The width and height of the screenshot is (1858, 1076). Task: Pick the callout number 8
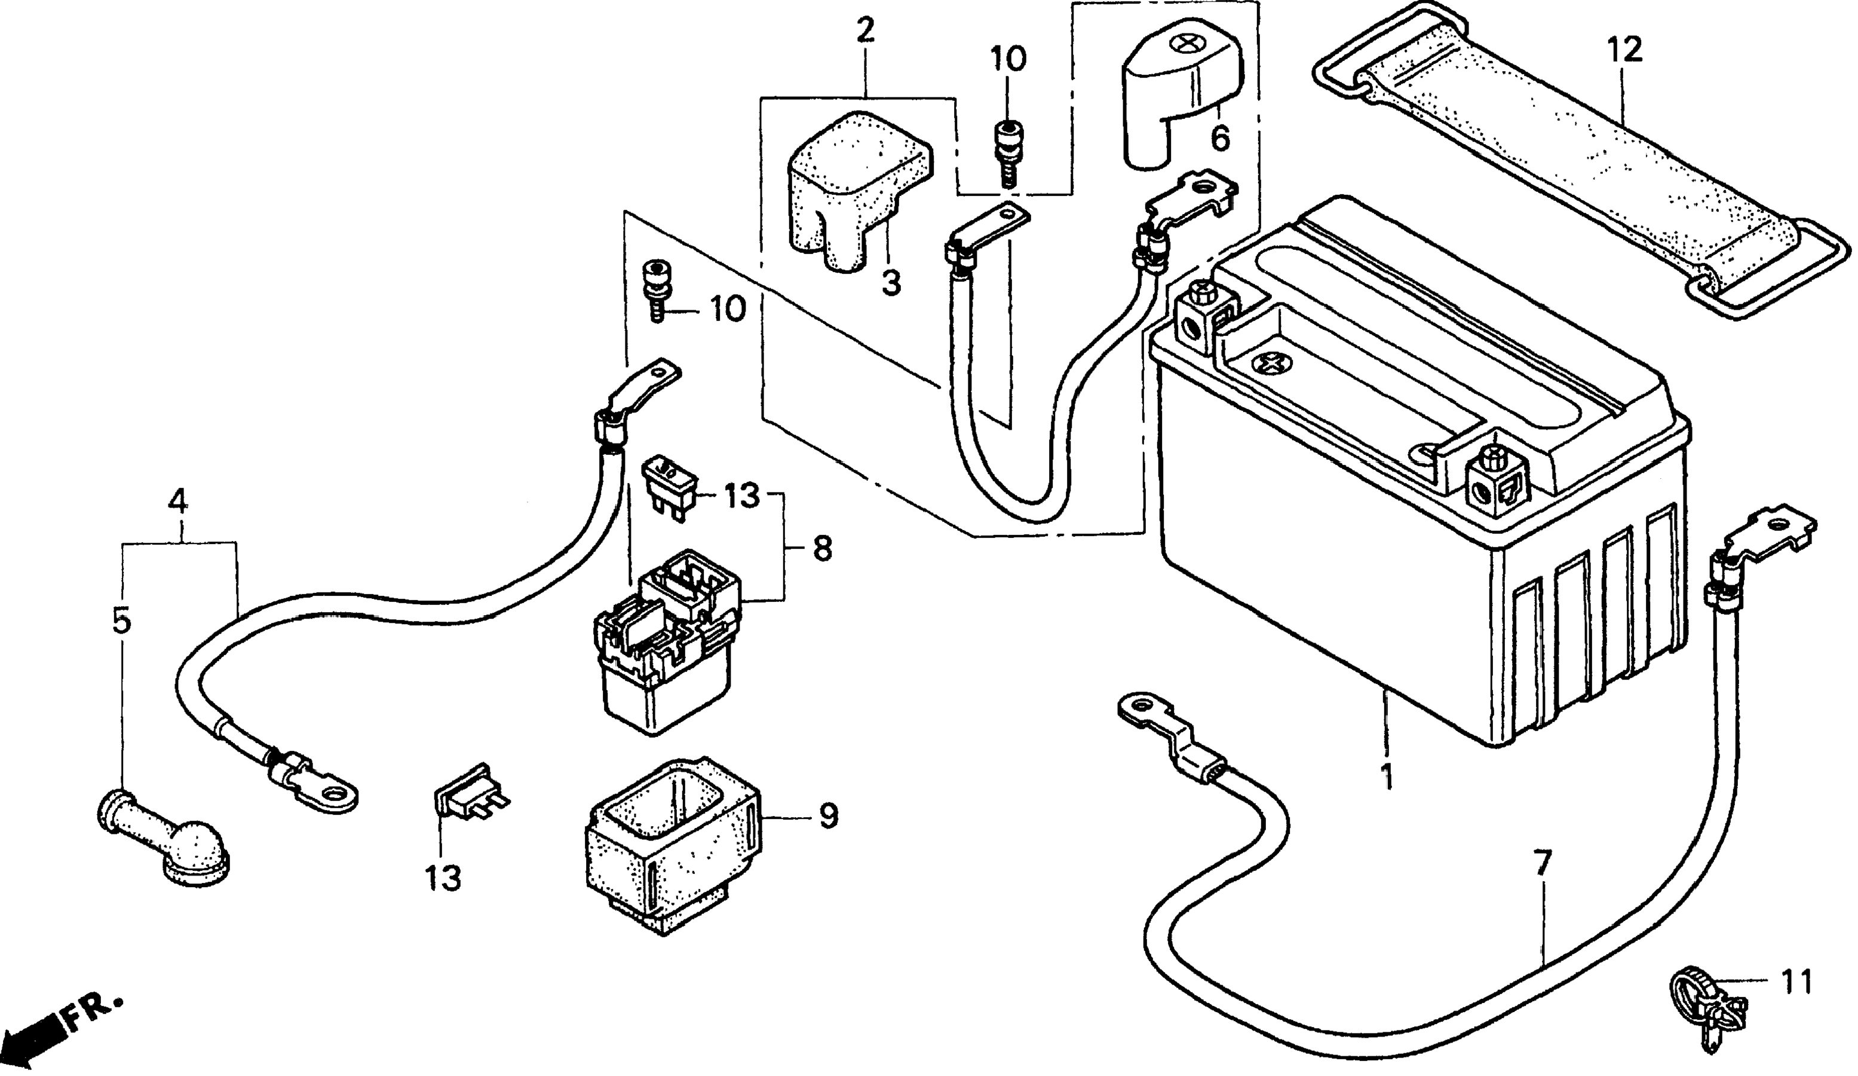[x=821, y=548]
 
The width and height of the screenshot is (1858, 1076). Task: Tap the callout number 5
[x=122, y=620]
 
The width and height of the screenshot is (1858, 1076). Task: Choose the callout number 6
[x=1220, y=138]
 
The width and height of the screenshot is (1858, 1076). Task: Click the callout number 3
[x=891, y=281]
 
